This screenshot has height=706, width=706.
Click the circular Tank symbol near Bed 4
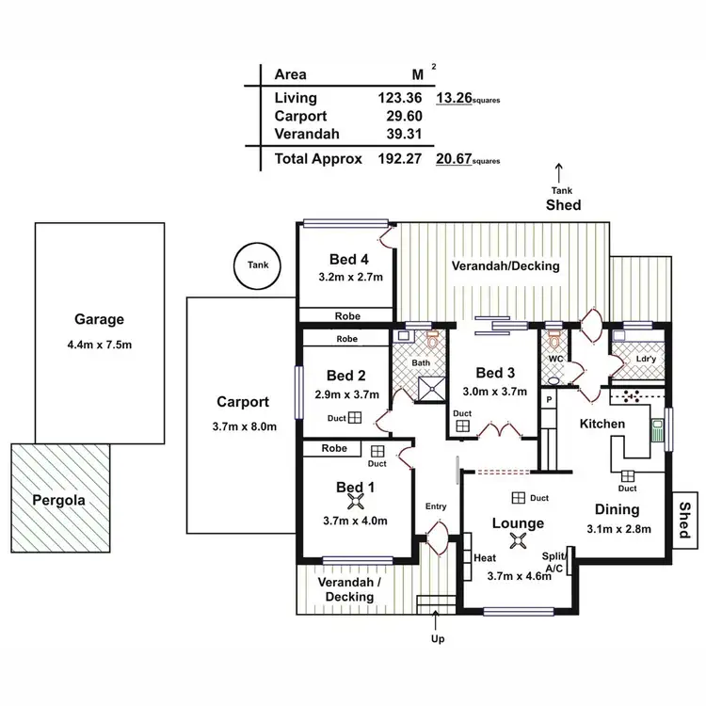[258, 265]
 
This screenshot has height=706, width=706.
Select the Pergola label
[58, 501]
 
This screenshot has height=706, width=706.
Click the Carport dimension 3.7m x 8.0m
[244, 426]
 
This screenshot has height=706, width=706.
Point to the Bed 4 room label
[347, 260]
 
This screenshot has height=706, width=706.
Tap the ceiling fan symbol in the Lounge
[517, 539]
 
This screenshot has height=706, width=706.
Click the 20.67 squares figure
[453, 160]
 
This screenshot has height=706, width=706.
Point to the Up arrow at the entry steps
[437, 621]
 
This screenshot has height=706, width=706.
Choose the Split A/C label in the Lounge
[554, 563]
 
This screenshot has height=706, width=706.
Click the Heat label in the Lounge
[485, 558]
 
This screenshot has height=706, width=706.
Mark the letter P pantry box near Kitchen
[549, 400]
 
